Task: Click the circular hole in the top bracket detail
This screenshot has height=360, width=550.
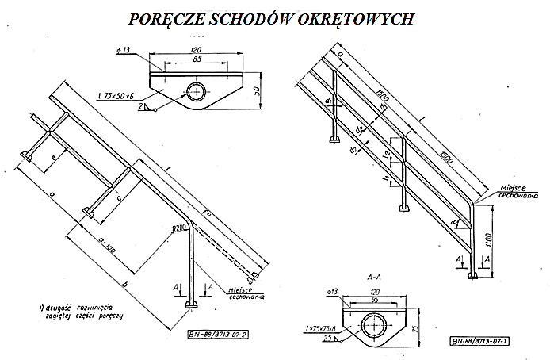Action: coord(194,90)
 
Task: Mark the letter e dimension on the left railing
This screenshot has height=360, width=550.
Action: coord(52,157)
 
